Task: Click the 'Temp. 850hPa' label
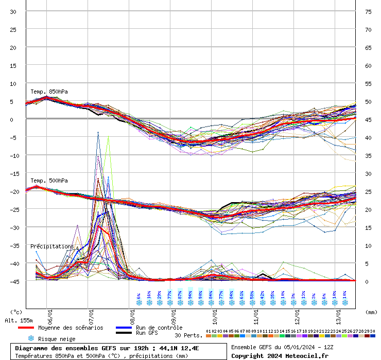[x=49, y=92]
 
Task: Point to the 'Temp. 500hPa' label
[x=49, y=181]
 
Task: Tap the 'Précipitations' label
[x=52, y=246]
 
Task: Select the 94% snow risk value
[x=190, y=297]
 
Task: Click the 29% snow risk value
[x=160, y=297]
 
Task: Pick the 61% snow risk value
[x=242, y=297]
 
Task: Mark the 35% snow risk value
[x=273, y=297]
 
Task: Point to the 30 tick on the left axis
[x=13, y=11]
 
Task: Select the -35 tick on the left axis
[x=13, y=245]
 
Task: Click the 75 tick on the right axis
[x=368, y=11]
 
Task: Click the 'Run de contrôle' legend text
[x=159, y=328]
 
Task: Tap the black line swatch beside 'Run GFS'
[x=124, y=333]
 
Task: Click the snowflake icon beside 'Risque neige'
[x=31, y=338]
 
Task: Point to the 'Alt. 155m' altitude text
[x=19, y=320]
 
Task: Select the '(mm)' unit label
[x=371, y=312]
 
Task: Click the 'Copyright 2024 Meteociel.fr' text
[x=280, y=355]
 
